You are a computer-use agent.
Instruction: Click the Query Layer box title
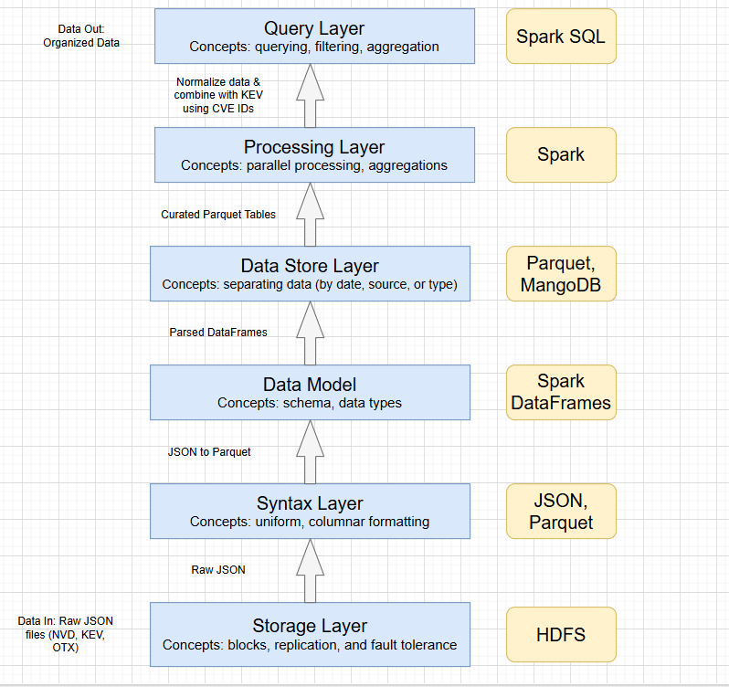click(x=313, y=28)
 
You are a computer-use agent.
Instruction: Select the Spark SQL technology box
click(x=561, y=37)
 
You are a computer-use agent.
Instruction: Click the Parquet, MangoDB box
click(x=561, y=274)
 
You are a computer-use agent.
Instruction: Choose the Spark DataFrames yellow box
click(x=561, y=392)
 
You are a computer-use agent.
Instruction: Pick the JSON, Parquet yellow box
click(x=561, y=511)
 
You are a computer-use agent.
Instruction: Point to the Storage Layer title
click(x=310, y=626)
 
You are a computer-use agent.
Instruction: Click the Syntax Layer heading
click(x=310, y=503)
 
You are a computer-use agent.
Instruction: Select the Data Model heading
click(x=311, y=385)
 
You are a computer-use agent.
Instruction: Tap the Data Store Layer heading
click(x=310, y=266)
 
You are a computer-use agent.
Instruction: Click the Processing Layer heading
click(x=313, y=147)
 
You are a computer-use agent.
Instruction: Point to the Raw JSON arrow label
click(x=218, y=570)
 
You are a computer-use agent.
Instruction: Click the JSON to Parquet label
click(x=209, y=451)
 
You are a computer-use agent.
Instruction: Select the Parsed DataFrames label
click(x=218, y=333)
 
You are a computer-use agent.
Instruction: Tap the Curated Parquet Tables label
click(x=218, y=214)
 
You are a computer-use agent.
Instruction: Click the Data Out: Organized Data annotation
click(x=81, y=36)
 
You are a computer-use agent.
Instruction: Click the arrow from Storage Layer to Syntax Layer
click(x=311, y=571)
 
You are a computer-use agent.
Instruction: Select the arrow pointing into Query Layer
click(x=311, y=96)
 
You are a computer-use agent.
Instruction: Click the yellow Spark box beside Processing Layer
click(x=561, y=154)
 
